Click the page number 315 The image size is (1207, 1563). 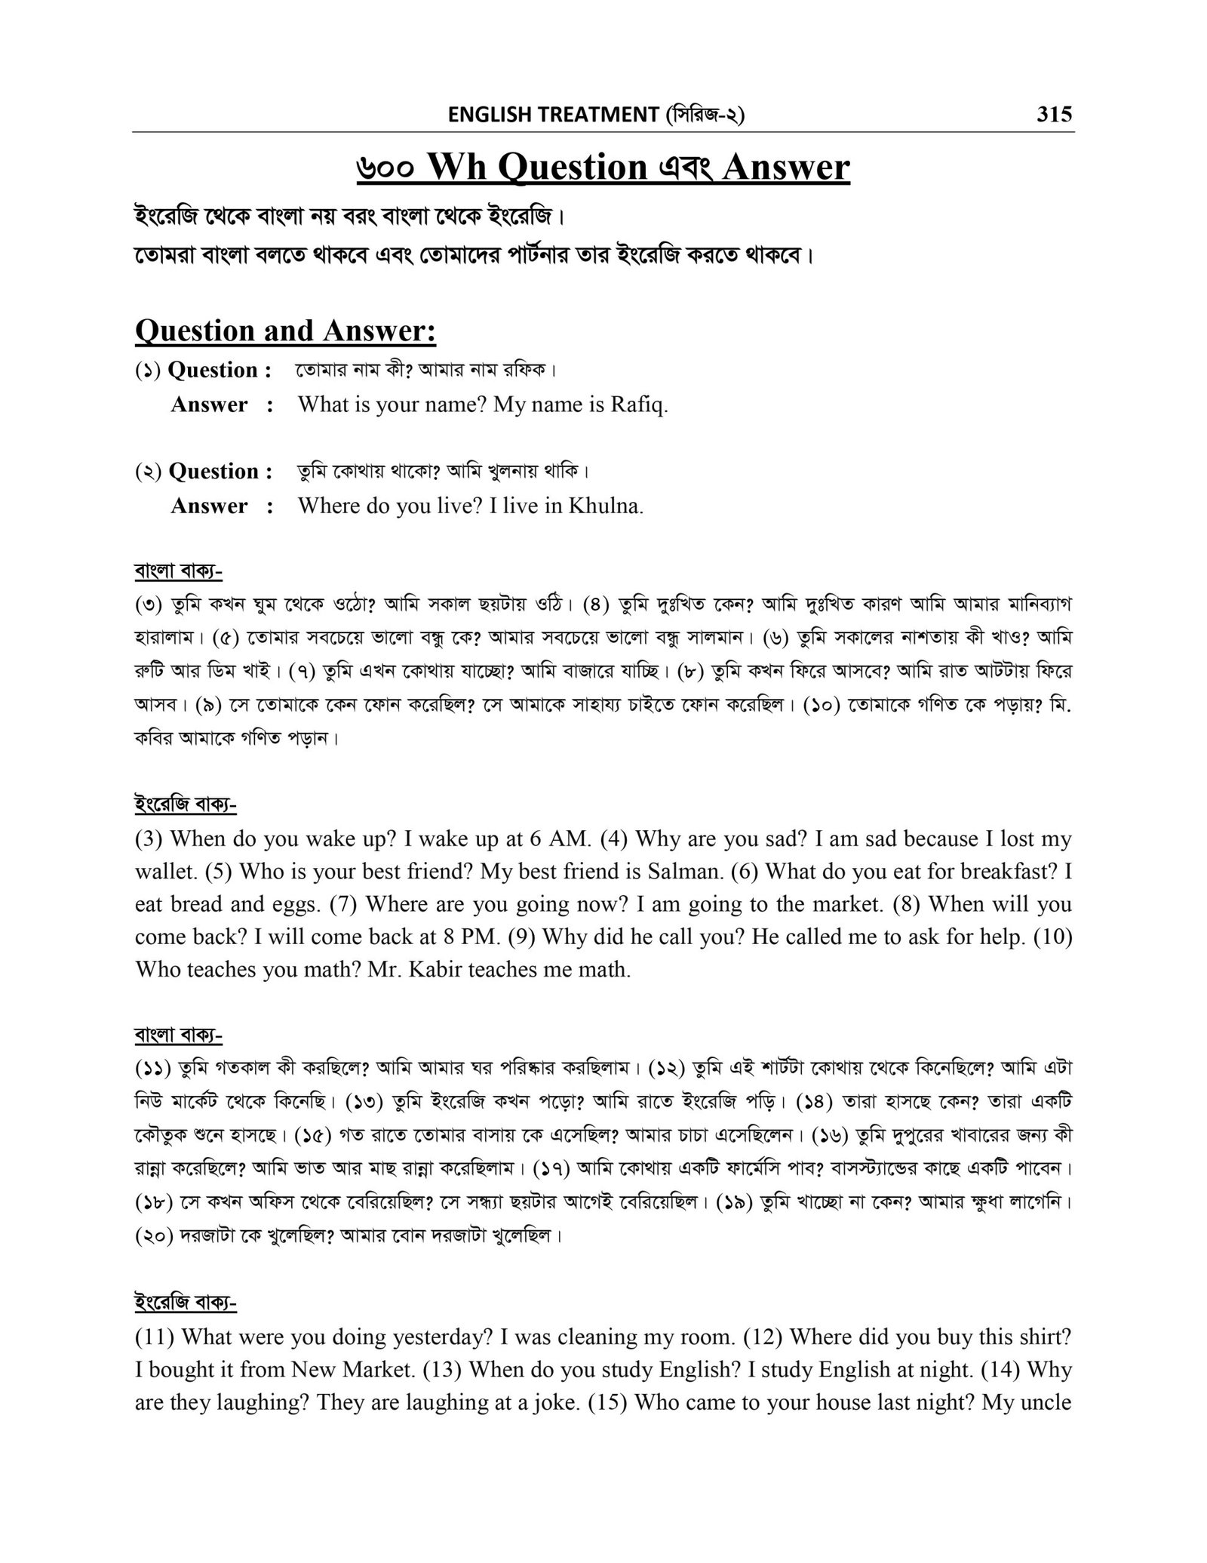pyautogui.click(x=1054, y=114)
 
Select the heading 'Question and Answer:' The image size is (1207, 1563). pyautogui.click(x=285, y=331)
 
